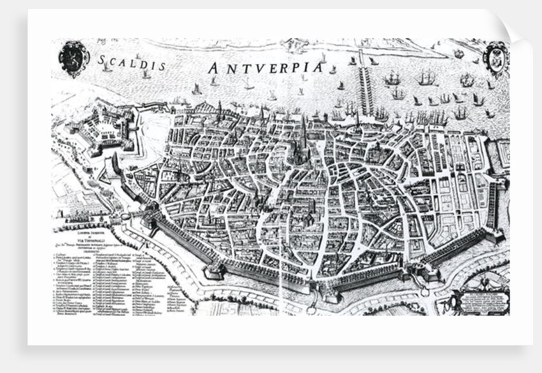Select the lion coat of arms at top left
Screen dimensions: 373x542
coord(74,58)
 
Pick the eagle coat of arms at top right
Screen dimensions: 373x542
coord(495,59)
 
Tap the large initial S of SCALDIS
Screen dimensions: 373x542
coord(103,61)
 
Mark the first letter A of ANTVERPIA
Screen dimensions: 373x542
coord(214,68)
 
